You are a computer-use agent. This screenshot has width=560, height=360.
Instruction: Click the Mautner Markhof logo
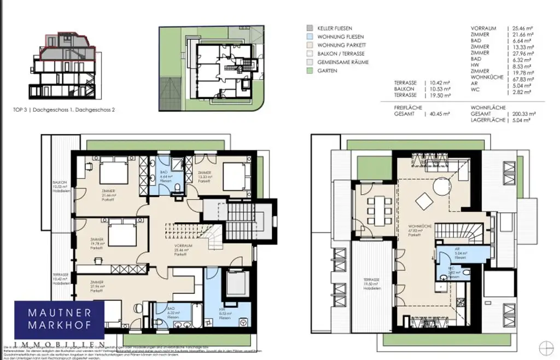[x=59, y=323]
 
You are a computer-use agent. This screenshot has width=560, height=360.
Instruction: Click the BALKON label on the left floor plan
[x=60, y=183]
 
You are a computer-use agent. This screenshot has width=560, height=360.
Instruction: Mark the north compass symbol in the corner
[x=545, y=347]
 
